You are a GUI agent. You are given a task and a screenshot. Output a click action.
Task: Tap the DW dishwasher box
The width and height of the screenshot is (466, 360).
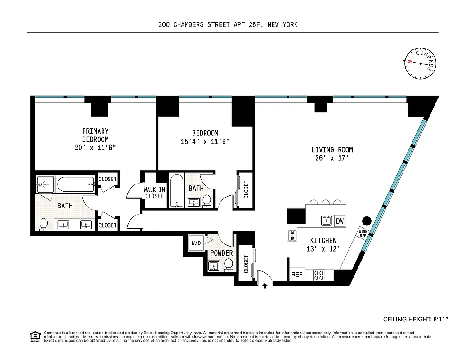pos(340,221)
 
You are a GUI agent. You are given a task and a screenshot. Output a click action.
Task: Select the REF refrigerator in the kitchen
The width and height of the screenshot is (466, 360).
pos(296,274)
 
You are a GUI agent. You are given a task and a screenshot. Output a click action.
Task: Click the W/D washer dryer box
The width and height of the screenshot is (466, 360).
pos(197,243)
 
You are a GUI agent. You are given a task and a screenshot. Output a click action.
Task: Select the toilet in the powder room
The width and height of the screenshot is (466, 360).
pos(229,265)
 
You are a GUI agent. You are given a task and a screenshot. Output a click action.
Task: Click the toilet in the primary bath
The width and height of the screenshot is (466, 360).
pos(44,224)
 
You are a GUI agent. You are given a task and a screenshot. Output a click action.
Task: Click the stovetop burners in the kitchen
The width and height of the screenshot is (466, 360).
pos(319,275)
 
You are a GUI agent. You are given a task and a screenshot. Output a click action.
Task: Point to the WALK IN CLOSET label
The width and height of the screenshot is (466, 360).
pos(154,193)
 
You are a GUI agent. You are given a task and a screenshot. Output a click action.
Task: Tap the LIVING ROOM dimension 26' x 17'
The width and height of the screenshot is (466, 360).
pos(332,158)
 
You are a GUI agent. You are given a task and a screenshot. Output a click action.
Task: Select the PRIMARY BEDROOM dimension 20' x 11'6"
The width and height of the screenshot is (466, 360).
pos(95,148)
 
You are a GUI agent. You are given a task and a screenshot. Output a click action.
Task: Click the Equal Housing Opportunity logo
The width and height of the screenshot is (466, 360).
pos(35,336)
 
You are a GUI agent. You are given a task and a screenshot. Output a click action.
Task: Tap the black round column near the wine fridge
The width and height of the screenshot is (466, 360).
pos(367,220)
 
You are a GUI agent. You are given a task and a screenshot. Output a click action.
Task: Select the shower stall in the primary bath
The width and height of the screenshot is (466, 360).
pos(45,184)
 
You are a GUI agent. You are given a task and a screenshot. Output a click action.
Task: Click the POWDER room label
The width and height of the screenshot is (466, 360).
pos(221,253)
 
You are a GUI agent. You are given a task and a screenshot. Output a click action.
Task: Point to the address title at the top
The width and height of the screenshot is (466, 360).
pos(228,25)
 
